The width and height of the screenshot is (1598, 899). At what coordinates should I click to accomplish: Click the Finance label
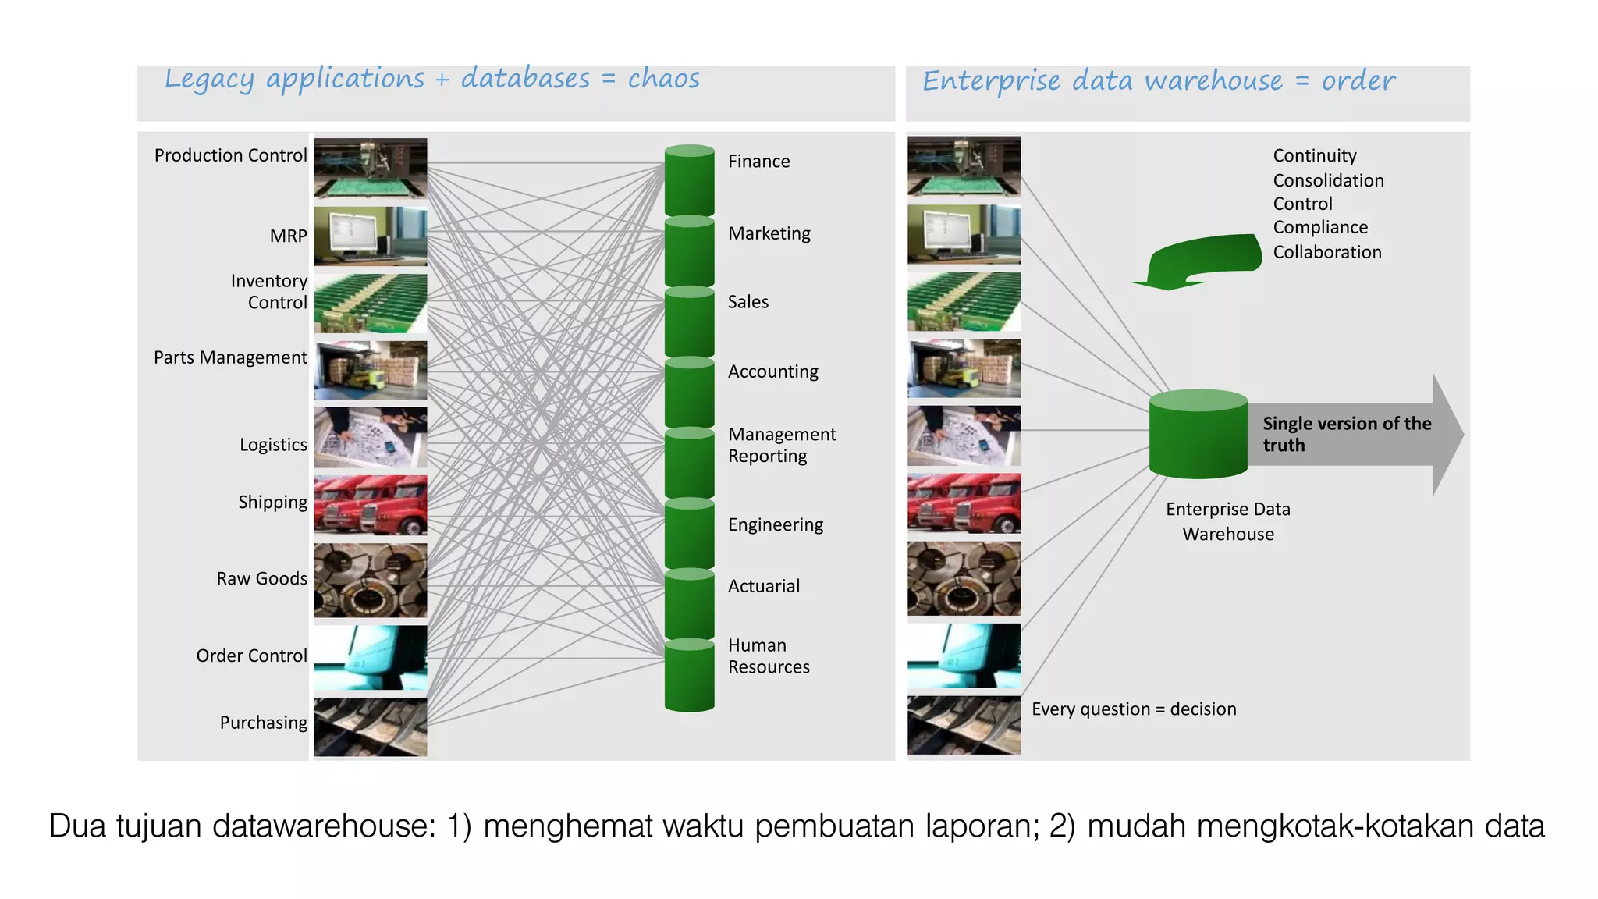[758, 162]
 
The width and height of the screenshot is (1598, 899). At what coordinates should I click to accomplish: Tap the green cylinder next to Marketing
[689, 251]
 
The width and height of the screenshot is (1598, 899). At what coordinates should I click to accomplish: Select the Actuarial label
[763, 586]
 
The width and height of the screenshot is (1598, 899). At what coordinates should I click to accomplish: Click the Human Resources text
[768, 656]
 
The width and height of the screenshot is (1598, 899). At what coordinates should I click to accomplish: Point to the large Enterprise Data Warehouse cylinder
[1198, 435]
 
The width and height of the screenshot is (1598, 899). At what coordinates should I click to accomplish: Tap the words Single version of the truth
[1346, 434]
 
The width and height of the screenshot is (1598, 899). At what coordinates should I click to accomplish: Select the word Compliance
[1320, 227]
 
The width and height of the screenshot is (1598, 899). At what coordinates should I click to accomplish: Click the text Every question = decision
[1133, 709]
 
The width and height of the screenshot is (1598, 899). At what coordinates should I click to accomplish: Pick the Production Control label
[230, 155]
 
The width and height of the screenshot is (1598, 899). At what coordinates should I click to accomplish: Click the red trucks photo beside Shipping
[370, 505]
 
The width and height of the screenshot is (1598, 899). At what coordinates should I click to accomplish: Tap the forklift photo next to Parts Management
[370, 370]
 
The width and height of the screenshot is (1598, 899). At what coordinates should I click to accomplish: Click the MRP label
[288, 236]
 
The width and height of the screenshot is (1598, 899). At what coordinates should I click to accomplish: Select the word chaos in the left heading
[663, 79]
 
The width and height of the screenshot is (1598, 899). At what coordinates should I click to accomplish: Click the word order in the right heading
[1358, 81]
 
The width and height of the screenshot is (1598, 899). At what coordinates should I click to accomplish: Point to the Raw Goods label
[261, 579]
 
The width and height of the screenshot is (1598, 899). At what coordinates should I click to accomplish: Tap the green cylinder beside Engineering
[689, 534]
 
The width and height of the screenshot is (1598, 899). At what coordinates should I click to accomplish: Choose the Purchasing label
[263, 723]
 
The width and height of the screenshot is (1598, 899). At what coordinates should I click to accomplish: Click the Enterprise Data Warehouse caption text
[1228, 521]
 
